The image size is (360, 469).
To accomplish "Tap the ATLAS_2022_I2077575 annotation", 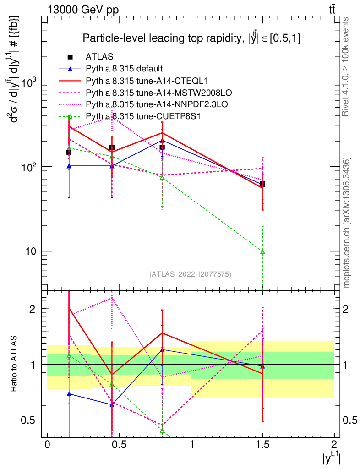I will pos(190,274).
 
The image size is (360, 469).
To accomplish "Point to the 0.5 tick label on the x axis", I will pos(119,445).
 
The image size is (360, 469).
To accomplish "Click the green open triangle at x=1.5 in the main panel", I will pos(262,251).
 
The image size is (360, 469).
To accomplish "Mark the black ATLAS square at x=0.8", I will pos(162,147).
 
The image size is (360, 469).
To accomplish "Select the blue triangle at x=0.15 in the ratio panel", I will pos(69,394).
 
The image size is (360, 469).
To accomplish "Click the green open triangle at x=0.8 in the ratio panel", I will pos(162,431).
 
